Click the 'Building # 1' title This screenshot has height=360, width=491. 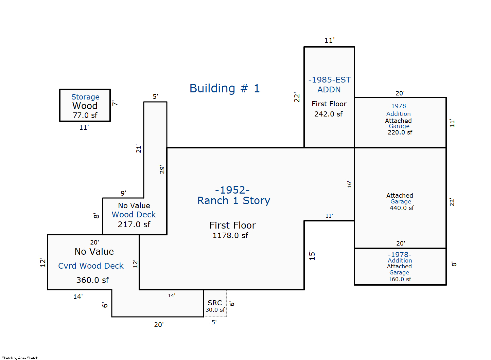(x=225, y=88)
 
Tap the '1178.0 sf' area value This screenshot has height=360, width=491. (x=230, y=235)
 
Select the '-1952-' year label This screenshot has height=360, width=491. (x=232, y=190)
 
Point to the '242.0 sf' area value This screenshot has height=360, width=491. (x=329, y=114)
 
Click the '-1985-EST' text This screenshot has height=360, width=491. (x=329, y=80)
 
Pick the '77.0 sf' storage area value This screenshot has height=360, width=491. (x=85, y=115)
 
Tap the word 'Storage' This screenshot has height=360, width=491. (x=85, y=97)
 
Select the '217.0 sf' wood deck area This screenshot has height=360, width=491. (x=134, y=224)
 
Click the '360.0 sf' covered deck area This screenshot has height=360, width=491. (x=92, y=280)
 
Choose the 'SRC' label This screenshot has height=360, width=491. (x=215, y=303)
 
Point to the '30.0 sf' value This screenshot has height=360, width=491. (x=215, y=310)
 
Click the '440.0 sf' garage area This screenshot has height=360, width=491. (x=402, y=208)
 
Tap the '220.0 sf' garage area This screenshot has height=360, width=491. (x=400, y=132)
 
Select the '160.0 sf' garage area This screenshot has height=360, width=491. (x=400, y=279)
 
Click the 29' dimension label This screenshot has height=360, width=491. (x=162, y=169)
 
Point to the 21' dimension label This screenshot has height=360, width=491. (x=139, y=149)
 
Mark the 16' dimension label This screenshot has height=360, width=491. (x=349, y=184)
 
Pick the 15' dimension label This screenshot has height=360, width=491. (x=312, y=255)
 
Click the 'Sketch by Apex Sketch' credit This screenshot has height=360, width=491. (x=20, y=358)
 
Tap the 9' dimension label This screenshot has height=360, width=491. (x=123, y=193)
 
